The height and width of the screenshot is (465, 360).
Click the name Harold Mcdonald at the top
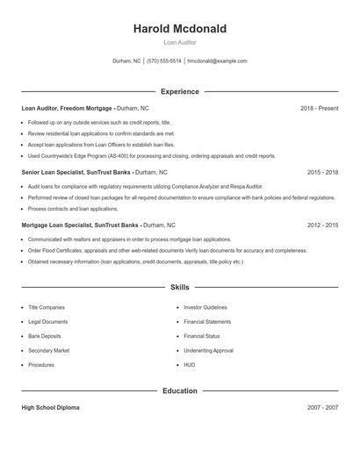[x=179, y=29]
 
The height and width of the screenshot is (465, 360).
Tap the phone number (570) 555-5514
[x=164, y=61]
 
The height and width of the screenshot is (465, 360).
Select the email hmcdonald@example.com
[x=218, y=61]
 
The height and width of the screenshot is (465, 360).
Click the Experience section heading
[x=179, y=91]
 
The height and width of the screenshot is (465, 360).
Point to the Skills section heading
[x=179, y=287]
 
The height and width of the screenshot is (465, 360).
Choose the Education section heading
[x=179, y=390]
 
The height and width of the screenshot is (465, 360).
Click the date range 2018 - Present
[x=319, y=108]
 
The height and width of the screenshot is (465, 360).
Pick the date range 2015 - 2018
[x=322, y=173]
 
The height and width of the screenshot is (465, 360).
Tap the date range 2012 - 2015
[x=322, y=225]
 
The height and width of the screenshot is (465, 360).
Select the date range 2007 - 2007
[x=322, y=408]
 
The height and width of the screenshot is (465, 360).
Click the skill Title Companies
[x=47, y=308]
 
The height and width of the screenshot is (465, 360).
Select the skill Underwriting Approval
[x=208, y=350]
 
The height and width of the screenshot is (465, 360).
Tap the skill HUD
[x=190, y=365]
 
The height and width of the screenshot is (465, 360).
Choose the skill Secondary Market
[x=48, y=350]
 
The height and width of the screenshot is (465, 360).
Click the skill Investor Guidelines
[x=205, y=308]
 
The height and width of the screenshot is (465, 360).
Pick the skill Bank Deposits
[x=45, y=336]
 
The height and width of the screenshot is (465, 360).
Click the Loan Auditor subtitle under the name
[x=179, y=42]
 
